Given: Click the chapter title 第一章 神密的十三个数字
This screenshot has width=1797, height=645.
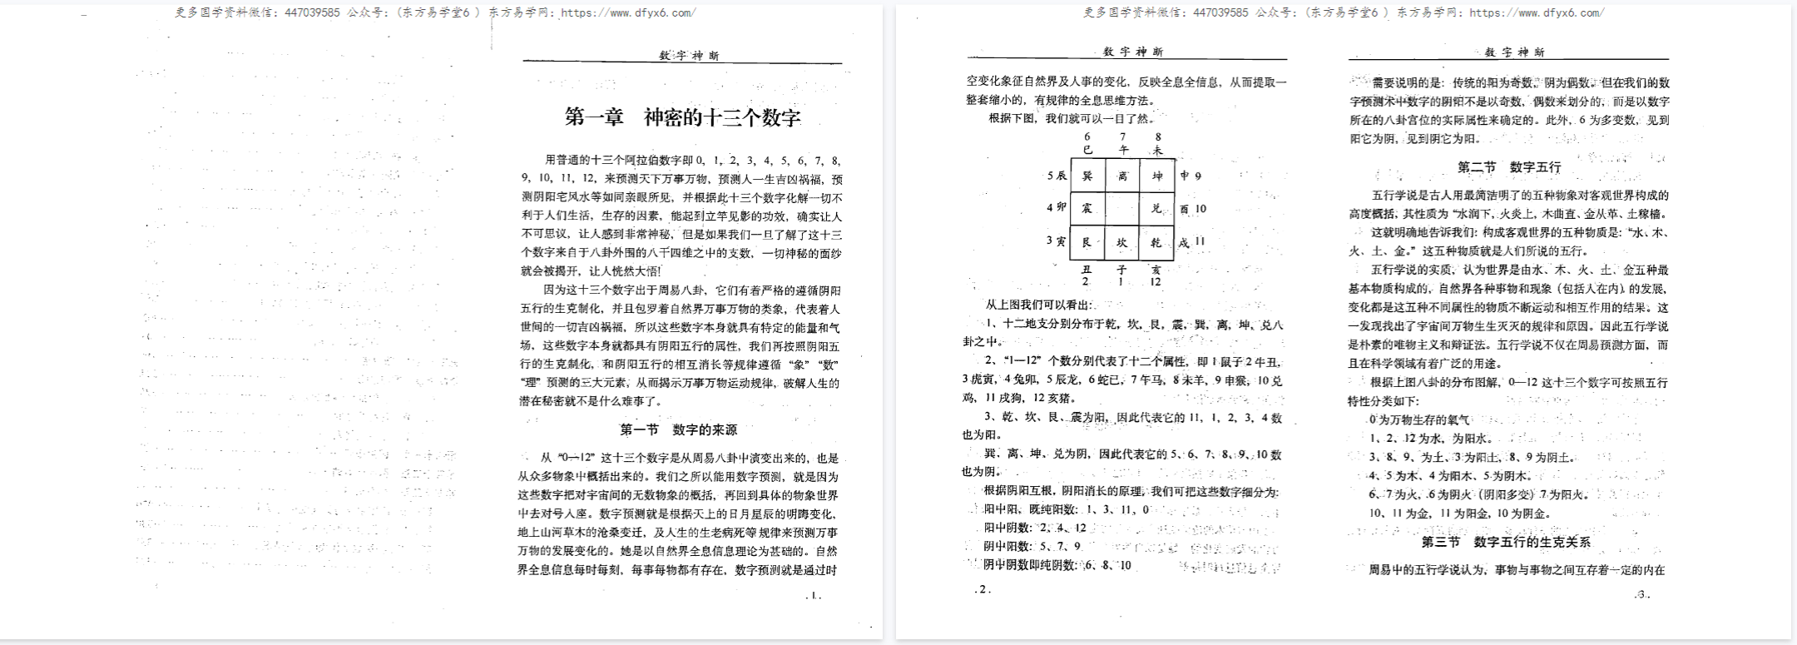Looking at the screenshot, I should (682, 117).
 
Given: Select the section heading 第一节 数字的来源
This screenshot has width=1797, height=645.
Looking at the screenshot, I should (678, 430).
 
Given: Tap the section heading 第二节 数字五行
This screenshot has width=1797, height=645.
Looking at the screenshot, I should (1508, 167).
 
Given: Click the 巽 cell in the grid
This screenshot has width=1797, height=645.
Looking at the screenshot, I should (1087, 176).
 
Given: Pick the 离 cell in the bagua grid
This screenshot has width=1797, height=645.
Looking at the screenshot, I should (1122, 176).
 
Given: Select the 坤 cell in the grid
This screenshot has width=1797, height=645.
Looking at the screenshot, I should (1157, 176).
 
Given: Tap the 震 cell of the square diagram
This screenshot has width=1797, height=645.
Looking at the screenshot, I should (1087, 209).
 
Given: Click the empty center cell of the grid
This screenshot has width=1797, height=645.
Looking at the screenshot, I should (1122, 209).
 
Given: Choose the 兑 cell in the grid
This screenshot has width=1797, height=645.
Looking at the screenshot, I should (1157, 209).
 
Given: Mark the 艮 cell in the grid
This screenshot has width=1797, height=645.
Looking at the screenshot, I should (1087, 243).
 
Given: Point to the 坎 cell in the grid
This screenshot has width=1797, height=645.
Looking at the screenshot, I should (1122, 243).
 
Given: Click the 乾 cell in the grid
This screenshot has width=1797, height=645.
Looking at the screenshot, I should (1157, 243).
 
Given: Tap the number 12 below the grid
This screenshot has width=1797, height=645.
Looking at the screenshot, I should (1156, 282).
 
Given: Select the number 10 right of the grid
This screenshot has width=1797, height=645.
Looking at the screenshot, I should (1200, 209).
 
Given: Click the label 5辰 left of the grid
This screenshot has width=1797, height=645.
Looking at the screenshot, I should (1057, 176).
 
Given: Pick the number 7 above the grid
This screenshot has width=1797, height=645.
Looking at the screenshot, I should (1123, 137).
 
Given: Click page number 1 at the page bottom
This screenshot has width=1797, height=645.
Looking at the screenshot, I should (814, 595).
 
